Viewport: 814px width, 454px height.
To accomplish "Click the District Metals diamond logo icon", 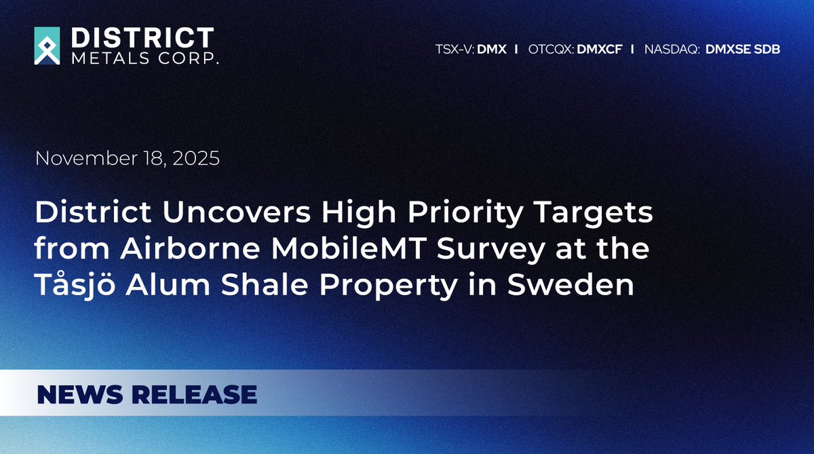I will coord(47,45).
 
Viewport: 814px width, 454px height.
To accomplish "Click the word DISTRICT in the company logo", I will coord(142,37).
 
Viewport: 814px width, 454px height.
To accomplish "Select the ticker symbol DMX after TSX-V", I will coord(492,49).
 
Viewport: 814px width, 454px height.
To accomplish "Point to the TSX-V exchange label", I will coord(454,49).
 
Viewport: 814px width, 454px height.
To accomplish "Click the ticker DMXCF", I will coord(599,49).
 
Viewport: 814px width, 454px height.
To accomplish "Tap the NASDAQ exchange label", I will coord(672,49).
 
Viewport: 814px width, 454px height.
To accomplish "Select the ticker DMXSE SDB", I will coord(743,49).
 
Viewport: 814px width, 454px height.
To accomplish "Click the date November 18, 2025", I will coord(128,159).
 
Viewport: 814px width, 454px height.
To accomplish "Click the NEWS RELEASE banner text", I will coord(147,394).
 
